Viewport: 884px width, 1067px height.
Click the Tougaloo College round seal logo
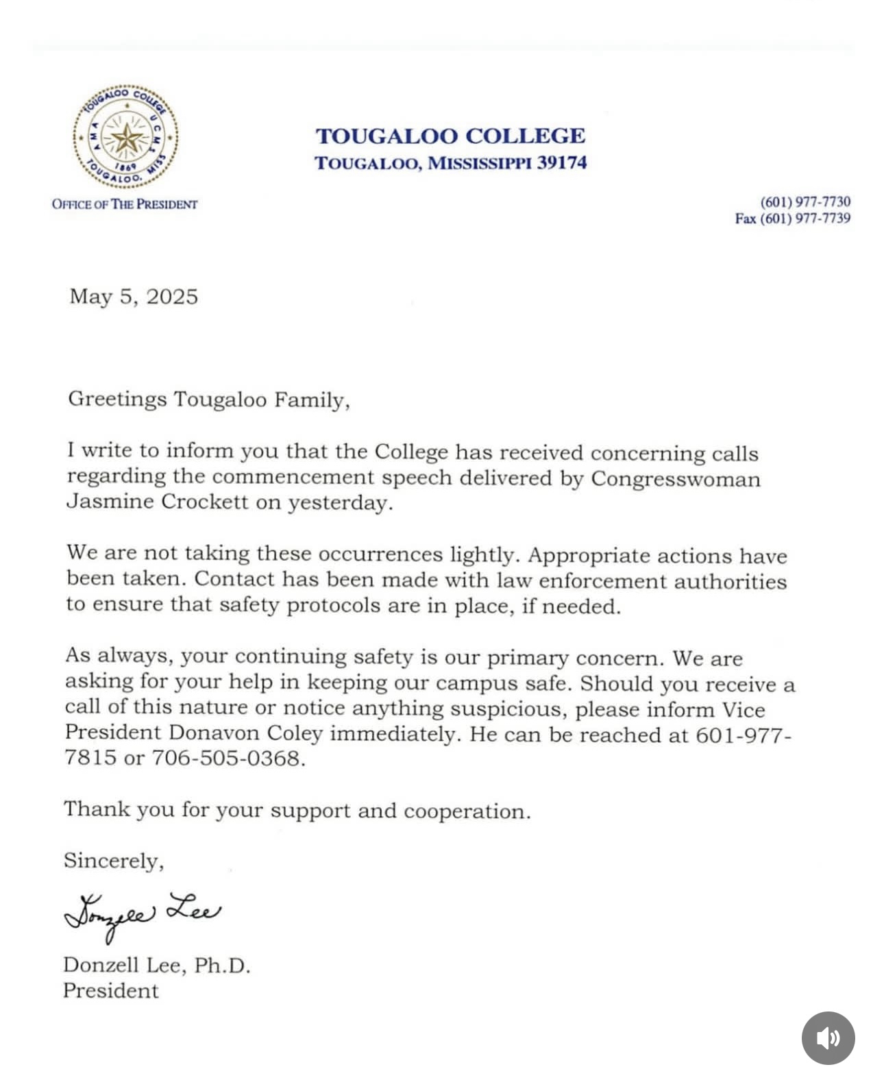[125, 139]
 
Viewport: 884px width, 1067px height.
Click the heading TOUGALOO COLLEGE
[450, 136]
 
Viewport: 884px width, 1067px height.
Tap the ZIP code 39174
[562, 163]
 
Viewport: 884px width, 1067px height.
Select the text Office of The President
[124, 204]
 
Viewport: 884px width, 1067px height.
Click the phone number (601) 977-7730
[805, 202]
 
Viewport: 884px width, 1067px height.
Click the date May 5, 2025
[134, 297]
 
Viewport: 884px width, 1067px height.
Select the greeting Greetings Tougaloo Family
[208, 400]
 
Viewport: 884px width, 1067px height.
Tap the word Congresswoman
[675, 478]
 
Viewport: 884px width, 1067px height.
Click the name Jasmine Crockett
[157, 502]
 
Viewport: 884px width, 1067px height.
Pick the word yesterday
[339, 504]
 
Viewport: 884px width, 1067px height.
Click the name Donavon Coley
[245, 733]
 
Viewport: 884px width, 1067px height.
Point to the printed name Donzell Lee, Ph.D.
[156, 966]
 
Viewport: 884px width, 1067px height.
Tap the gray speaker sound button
[828, 1038]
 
